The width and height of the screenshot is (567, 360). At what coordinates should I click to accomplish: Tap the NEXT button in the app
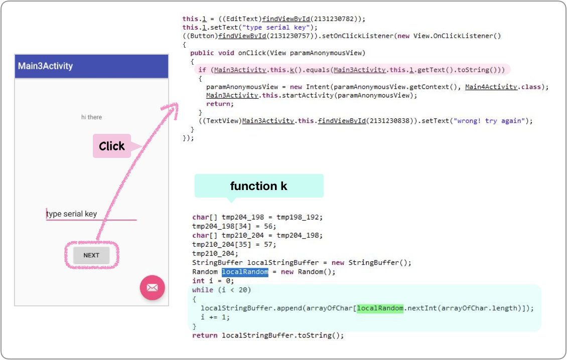pos(91,255)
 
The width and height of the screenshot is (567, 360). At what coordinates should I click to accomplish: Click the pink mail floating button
pos(152,288)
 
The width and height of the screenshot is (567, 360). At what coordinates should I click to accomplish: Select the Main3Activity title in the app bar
pos(46,66)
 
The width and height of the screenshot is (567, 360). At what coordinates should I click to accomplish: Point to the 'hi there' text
pos(91,117)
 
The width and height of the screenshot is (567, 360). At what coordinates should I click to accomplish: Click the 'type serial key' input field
pos(91,214)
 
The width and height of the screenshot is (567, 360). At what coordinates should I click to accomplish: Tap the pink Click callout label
pos(112,146)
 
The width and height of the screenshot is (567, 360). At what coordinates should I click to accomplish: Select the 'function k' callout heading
pos(258,186)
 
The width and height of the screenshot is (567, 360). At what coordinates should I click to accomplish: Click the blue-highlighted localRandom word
pos(245,272)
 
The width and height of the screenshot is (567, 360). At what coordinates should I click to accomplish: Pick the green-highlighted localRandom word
pos(380,308)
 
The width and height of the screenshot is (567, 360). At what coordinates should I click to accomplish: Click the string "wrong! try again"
pos(489,121)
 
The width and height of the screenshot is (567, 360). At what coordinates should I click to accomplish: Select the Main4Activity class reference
pos(491,87)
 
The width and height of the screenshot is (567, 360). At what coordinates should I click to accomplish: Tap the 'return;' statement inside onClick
pos(220,104)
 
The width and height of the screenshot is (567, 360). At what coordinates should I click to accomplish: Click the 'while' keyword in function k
pos(202,290)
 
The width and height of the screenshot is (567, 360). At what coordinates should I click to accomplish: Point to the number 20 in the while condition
pos(242,290)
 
